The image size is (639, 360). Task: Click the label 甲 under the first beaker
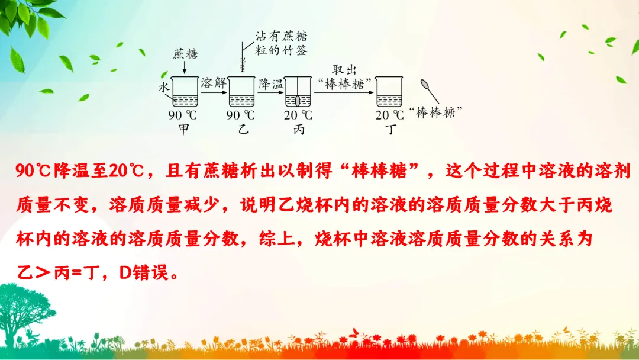(x=183, y=129)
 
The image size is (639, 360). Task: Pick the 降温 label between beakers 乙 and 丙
(x=271, y=83)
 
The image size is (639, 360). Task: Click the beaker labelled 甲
(x=183, y=92)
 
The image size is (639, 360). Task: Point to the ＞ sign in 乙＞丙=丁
(x=45, y=273)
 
